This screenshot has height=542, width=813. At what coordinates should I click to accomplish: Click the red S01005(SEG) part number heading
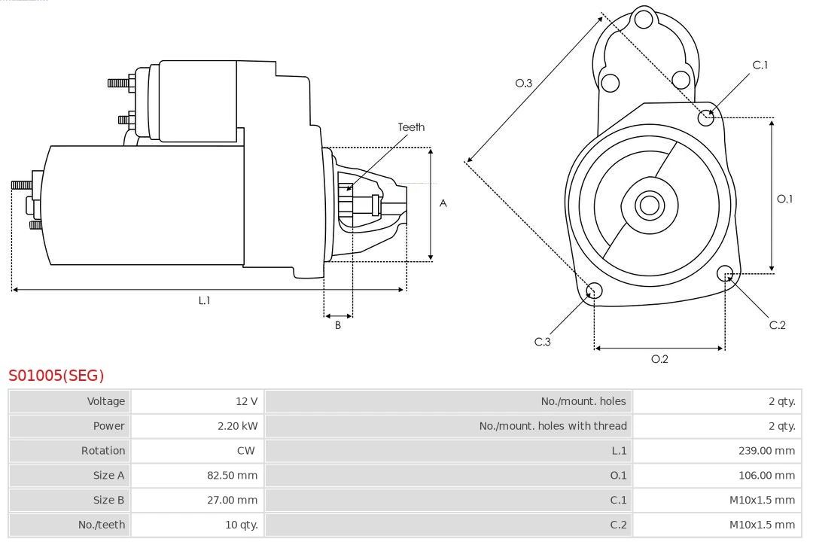pos(56,375)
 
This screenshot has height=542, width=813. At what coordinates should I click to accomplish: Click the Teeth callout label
pos(411,127)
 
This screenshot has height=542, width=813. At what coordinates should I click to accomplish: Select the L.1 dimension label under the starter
pos(204,300)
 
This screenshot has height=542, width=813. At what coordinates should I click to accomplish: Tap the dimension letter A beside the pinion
pos(443,203)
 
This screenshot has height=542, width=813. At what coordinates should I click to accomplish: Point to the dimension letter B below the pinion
pos(338,326)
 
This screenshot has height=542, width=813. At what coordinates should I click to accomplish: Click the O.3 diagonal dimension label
pos(523,83)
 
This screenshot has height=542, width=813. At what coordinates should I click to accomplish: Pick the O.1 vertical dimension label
pos(784,199)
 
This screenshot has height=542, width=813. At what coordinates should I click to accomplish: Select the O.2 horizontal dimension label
pos(659,359)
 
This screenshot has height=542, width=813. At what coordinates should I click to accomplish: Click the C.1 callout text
pos(760,65)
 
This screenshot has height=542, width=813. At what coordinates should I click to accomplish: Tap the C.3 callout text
pos(543,342)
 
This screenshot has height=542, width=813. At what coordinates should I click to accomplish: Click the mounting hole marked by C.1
pos(706,117)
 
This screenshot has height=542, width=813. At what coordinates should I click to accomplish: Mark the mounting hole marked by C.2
pos(725,273)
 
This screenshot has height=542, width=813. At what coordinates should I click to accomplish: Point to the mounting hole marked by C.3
pos(594,291)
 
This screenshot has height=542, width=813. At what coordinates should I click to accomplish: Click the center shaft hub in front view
pos(648,204)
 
